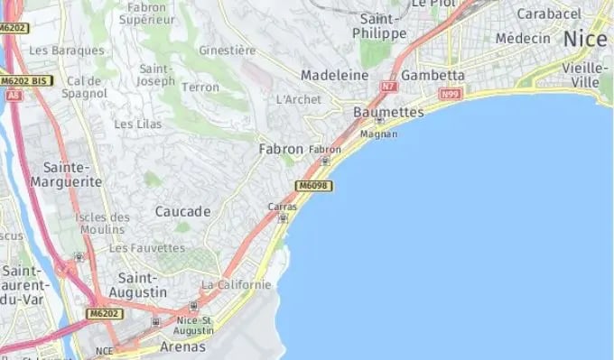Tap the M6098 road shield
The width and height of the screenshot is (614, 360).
click(x=313, y=186)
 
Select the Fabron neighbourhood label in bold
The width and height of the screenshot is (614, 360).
click(x=281, y=149)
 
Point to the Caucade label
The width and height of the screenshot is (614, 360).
click(x=182, y=211)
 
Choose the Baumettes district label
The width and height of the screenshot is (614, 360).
click(x=388, y=111)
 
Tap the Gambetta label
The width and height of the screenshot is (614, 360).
click(x=433, y=75)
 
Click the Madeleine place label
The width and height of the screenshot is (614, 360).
click(x=336, y=74)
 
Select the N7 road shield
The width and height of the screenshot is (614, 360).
click(x=389, y=87)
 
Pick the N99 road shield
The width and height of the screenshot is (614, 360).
click(x=450, y=94)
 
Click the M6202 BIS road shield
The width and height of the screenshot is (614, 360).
click(x=26, y=81)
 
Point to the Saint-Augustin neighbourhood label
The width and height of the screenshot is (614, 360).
click(x=137, y=285)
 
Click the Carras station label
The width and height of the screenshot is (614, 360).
click(x=282, y=207)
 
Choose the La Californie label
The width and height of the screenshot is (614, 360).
click(x=237, y=285)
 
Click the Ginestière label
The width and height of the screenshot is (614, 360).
click(x=227, y=50)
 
